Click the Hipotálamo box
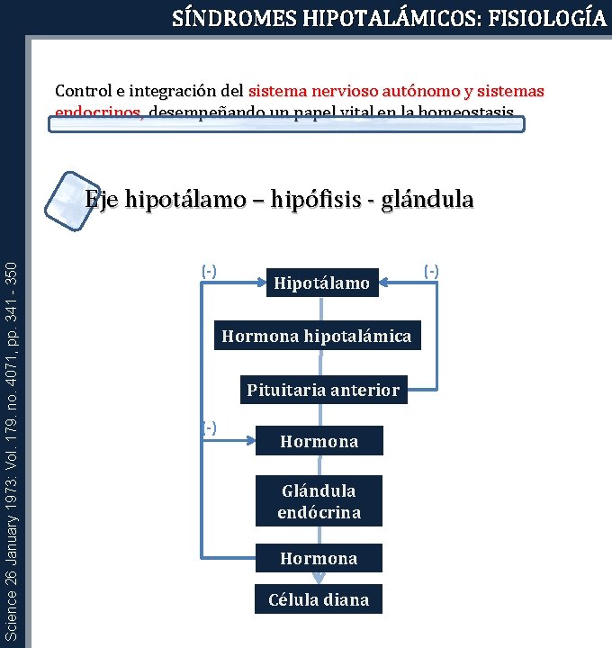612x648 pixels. tap(321, 283)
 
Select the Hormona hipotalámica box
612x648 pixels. tap(316, 337)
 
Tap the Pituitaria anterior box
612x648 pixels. tap(323, 390)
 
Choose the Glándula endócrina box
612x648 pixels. tap(319, 501)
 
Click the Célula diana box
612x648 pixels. tap(319, 599)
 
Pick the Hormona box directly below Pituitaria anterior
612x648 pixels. tap(319, 441)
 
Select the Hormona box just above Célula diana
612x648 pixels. tap(319, 558)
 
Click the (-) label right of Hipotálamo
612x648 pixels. tap(431, 269)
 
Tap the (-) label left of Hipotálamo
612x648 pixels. tap(210, 269)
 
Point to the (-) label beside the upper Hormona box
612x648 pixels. tap(210, 426)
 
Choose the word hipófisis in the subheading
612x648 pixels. tap(315, 199)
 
